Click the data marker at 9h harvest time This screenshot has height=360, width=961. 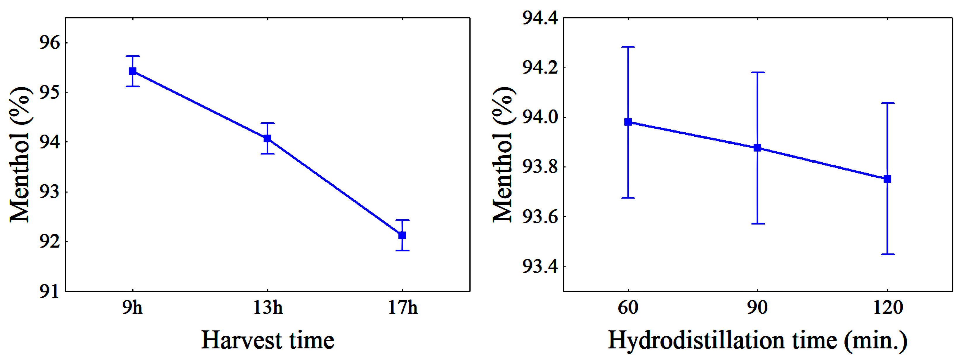click(x=132, y=71)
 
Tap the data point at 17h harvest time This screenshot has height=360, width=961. click(x=402, y=235)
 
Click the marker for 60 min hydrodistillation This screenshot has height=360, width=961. click(x=628, y=122)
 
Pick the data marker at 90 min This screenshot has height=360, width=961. click(x=757, y=148)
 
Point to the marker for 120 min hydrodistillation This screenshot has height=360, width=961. click(x=887, y=179)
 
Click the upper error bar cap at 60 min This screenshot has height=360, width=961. click(x=628, y=47)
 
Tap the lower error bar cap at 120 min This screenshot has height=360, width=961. click(x=887, y=254)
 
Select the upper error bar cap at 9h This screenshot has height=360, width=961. click(x=132, y=56)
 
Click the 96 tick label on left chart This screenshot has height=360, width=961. click(x=50, y=43)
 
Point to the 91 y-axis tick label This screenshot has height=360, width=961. click(x=50, y=291)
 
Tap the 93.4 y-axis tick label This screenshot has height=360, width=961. click(x=540, y=266)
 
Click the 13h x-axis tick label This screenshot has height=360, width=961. click(x=268, y=308)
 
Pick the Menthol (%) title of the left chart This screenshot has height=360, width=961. click(x=19, y=155)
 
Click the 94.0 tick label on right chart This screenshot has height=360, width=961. click(x=540, y=117)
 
